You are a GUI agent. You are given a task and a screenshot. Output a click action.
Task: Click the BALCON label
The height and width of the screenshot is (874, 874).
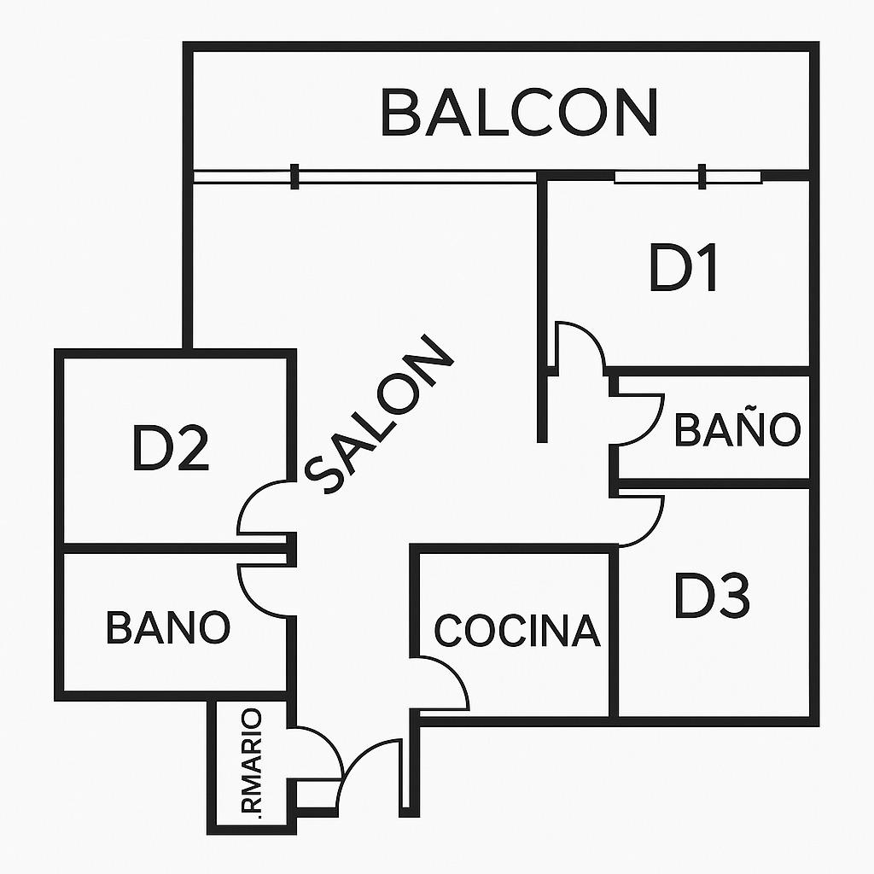(x=520, y=112)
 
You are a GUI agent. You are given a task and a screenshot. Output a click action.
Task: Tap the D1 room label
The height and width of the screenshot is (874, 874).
(x=684, y=268)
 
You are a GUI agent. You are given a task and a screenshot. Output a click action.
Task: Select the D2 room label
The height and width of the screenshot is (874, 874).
(x=171, y=448)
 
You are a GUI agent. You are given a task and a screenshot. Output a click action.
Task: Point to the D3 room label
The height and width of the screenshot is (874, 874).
(x=713, y=595)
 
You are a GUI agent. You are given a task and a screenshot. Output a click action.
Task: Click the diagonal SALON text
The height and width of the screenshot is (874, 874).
(x=379, y=415)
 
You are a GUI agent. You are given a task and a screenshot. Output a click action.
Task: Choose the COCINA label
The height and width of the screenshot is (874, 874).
(x=517, y=631)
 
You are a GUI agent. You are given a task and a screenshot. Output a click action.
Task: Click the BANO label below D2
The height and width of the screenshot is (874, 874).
(x=168, y=627)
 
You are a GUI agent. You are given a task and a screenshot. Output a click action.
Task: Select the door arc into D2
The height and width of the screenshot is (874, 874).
(x=262, y=507)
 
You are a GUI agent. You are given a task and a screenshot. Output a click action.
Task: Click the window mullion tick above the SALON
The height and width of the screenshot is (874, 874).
(x=294, y=177)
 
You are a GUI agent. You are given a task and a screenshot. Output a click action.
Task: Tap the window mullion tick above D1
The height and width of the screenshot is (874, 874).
(x=702, y=177)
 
